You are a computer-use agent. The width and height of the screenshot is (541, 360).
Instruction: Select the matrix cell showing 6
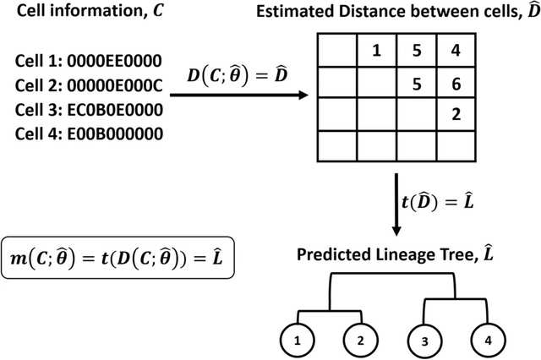[x=456, y=85]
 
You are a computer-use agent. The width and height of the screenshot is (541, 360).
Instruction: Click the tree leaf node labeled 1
[x=297, y=343]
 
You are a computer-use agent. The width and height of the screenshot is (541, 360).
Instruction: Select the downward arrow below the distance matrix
[x=396, y=204]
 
